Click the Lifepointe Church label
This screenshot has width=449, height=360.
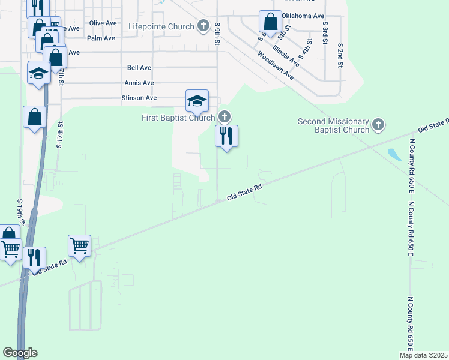tap(161, 26)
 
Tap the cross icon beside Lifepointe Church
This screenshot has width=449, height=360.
tap(203, 26)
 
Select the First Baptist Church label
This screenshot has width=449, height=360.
tap(178, 118)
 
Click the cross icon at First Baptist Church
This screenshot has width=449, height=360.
tap(224, 116)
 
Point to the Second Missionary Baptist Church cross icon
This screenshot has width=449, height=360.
tap(378, 124)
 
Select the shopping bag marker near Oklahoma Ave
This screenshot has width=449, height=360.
tap(271, 22)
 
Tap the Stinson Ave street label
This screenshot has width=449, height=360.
tap(139, 98)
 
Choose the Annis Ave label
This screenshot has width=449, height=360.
tap(139, 83)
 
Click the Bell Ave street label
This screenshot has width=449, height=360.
tap(139, 68)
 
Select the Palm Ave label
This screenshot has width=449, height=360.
tap(101, 38)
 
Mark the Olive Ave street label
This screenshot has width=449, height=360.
tap(103, 23)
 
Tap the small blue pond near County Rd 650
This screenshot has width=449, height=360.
tap(394, 155)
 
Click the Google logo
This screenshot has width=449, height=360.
tap(20, 353)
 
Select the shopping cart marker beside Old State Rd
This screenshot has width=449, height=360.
tap(79, 245)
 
